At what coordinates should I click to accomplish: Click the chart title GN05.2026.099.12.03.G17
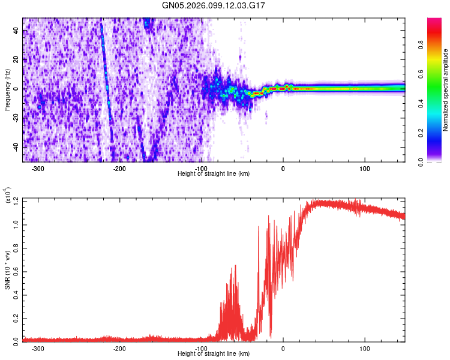click(x=214, y=5)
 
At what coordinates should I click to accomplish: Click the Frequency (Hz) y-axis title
click(x=7, y=89)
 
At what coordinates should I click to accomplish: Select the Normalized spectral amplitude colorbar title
click(x=446, y=90)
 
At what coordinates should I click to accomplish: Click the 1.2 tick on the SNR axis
click(x=17, y=201)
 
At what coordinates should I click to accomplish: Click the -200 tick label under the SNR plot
click(x=119, y=348)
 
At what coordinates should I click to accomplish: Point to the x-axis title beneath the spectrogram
click(x=214, y=173)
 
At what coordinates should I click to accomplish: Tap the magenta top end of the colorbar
click(x=434, y=22)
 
